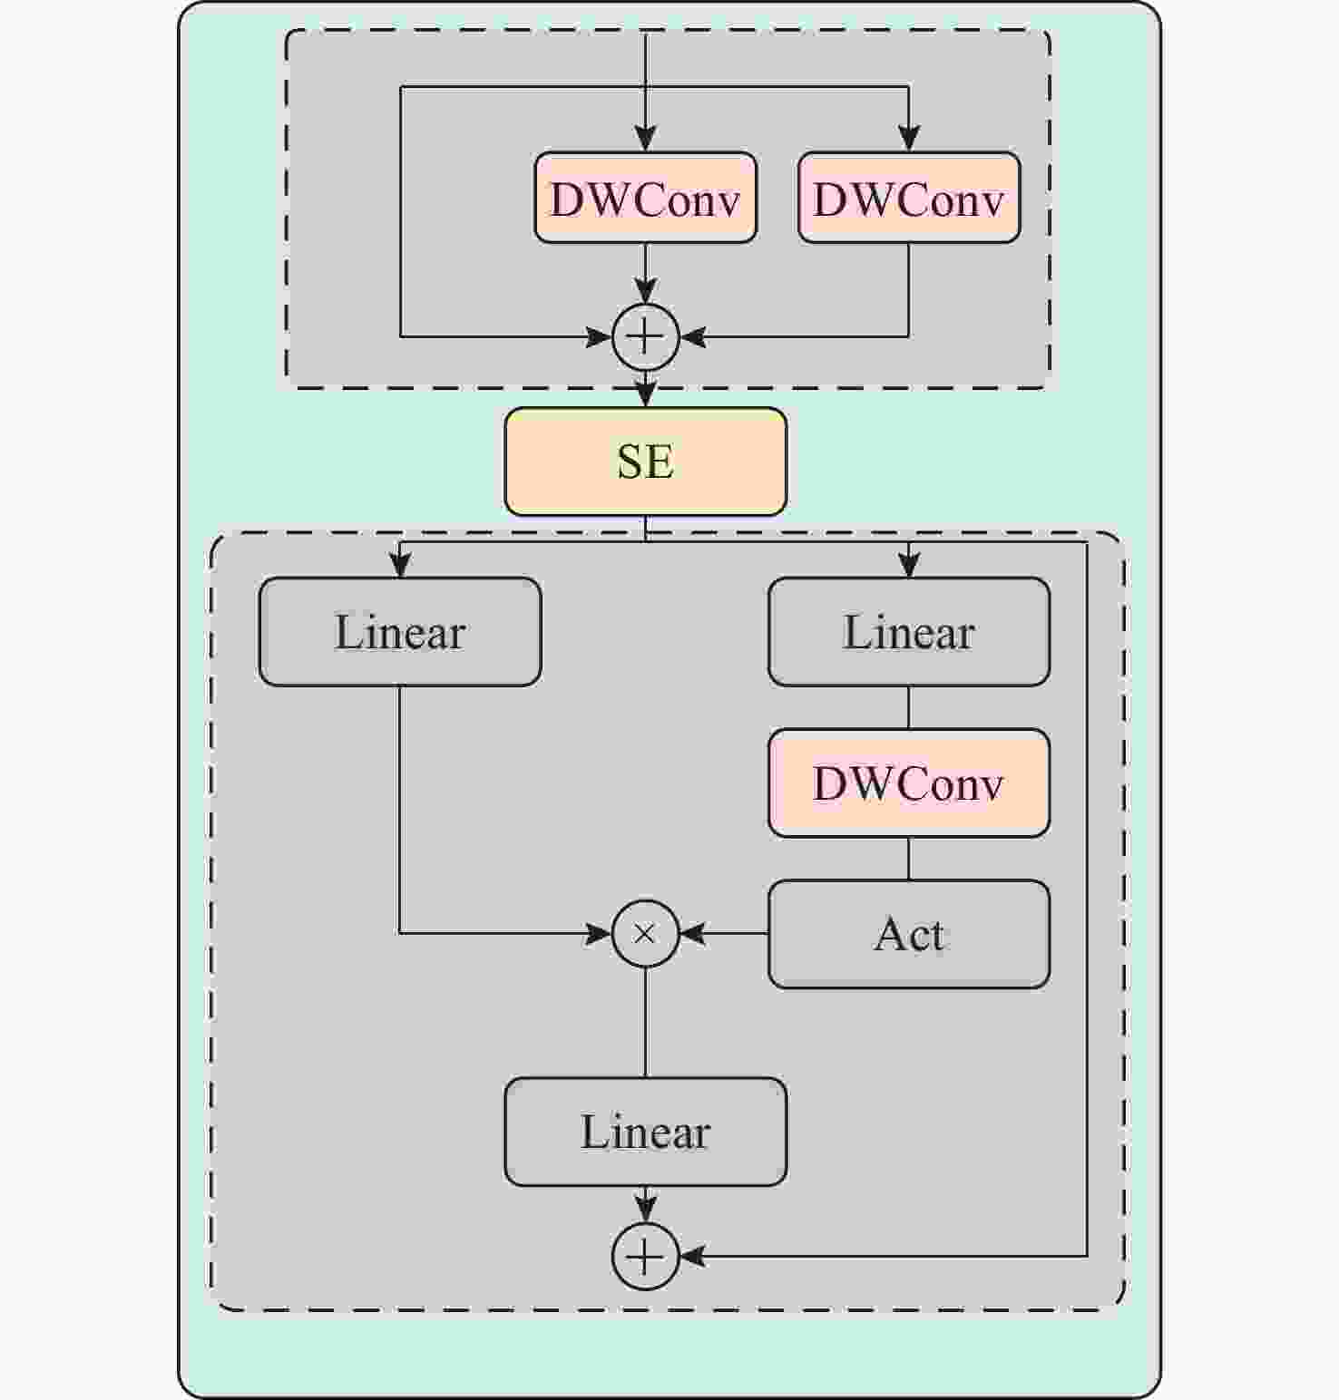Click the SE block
click(x=645, y=462)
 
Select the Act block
click(x=909, y=934)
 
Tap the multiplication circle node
click(x=645, y=934)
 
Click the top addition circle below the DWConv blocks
click(x=645, y=337)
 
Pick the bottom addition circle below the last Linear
click(x=645, y=1257)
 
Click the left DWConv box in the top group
click(x=645, y=198)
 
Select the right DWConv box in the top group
click(x=909, y=198)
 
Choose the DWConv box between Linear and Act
click(x=909, y=783)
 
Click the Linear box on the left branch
click(x=400, y=632)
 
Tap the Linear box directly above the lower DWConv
click(x=909, y=632)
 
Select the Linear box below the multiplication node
click(x=645, y=1132)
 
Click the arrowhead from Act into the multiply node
click(x=692, y=934)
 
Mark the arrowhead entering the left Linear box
click(x=400, y=565)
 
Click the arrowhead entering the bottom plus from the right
click(x=692, y=1257)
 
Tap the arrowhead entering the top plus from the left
click(x=599, y=337)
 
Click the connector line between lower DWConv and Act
click(x=909, y=859)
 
